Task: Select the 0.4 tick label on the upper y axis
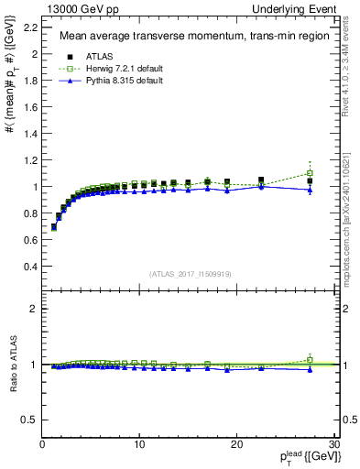(x=31, y=267)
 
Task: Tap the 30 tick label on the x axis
(x=333, y=444)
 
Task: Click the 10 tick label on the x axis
(x=139, y=444)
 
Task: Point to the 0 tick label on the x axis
(x=42, y=444)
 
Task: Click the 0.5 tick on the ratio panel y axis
(x=31, y=420)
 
